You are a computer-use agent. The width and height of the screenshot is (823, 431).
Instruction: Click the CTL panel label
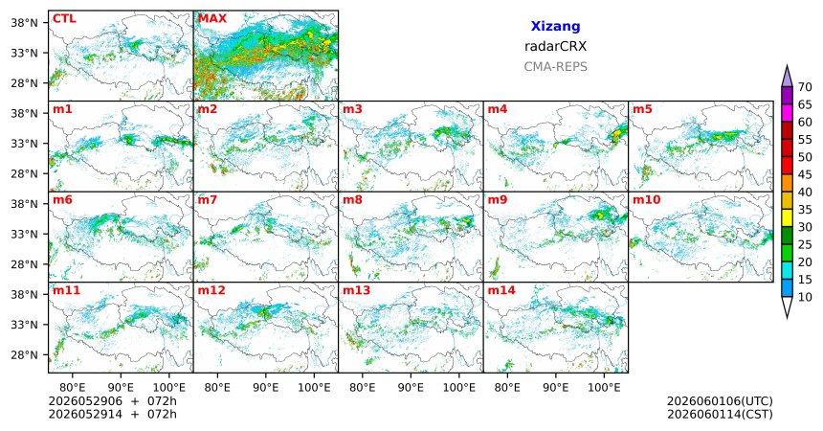[x=64, y=19]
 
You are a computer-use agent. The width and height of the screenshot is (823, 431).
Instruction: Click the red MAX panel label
[x=212, y=19]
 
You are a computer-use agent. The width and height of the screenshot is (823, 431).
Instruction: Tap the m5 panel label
[x=642, y=109]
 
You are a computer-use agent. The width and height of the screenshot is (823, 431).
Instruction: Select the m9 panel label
[x=498, y=200]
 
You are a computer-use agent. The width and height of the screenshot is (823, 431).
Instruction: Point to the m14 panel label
[x=500, y=290]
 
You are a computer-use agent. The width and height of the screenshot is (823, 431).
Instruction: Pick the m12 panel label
[x=211, y=290]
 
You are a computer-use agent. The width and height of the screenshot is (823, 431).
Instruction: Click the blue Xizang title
[x=555, y=26]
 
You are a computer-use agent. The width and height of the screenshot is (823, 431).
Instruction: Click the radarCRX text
[x=555, y=46]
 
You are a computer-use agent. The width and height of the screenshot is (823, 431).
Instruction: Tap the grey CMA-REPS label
[x=555, y=67]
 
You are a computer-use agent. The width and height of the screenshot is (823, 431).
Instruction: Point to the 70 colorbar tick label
[x=805, y=87]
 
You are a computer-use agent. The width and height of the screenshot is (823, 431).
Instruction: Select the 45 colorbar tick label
[x=805, y=174]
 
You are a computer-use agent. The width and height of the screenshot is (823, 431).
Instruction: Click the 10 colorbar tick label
[x=805, y=297]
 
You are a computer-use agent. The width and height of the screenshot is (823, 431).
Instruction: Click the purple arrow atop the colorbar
[x=787, y=77]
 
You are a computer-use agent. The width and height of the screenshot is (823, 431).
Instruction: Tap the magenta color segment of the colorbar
[x=787, y=113]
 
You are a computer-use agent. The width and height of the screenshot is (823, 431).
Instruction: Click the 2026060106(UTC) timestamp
[x=720, y=401]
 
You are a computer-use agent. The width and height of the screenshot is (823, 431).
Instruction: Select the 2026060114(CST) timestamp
[x=720, y=414]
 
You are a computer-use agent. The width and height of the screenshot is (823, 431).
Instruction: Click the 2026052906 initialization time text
[x=85, y=401]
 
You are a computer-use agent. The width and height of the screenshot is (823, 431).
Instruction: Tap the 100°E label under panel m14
[x=604, y=388]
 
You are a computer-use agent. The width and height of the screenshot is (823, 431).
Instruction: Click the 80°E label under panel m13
[x=362, y=388]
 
